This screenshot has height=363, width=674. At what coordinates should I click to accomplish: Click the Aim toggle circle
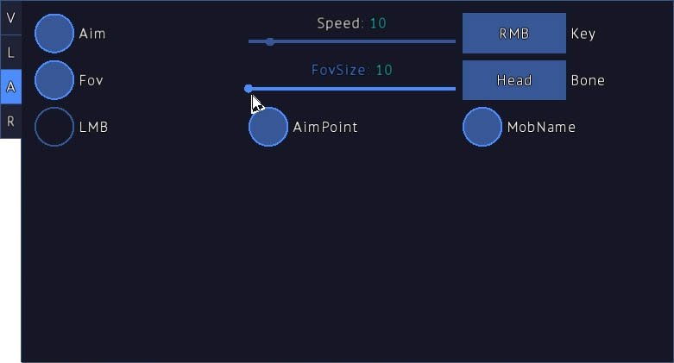pyautogui.click(x=54, y=34)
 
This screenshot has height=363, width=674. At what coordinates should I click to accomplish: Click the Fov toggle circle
pyautogui.click(x=54, y=80)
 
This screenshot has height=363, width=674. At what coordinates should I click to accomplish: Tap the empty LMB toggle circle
pyautogui.click(x=54, y=127)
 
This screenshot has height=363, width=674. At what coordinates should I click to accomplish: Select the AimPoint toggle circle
pyautogui.click(x=268, y=127)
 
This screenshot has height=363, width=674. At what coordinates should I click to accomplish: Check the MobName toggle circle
pyautogui.click(x=482, y=127)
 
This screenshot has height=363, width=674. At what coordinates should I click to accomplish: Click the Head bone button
pyautogui.click(x=514, y=80)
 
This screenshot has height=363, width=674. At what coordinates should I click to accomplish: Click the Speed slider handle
pyautogui.click(x=270, y=41)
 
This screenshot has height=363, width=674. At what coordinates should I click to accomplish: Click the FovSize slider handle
pyautogui.click(x=249, y=88)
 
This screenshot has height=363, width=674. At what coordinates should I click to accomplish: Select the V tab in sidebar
pyautogui.click(x=10, y=17)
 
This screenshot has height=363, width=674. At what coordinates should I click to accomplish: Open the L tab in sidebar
pyautogui.click(x=10, y=53)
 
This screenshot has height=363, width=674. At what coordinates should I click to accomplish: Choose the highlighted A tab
pyautogui.click(x=10, y=87)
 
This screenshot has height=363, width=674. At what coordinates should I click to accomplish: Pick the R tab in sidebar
pyautogui.click(x=10, y=122)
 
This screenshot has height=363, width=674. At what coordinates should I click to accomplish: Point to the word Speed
pyautogui.click(x=339, y=23)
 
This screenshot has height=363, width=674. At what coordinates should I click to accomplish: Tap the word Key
pyautogui.click(x=583, y=34)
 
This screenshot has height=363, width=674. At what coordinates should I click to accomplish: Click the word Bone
pyautogui.click(x=588, y=80)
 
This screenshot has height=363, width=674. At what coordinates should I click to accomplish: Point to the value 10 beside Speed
pyautogui.click(x=378, y=23)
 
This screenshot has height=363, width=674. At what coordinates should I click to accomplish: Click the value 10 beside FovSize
pyautogui.click(x=384, y=70)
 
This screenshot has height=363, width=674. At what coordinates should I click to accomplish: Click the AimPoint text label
pyautogui.click(x=325, y=127)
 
